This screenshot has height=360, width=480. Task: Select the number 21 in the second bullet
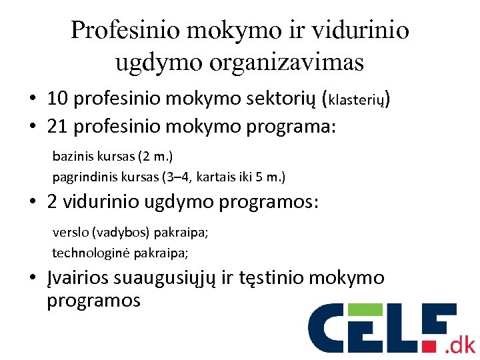tap(58, 126)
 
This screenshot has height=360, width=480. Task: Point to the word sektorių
tap(282, 99)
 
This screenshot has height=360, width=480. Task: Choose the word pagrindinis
tap(82, 177)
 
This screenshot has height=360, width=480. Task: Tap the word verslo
tap(70, 233)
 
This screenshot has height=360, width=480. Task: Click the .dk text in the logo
tap(461, 344)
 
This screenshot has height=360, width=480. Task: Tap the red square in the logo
tap(435, 346)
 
